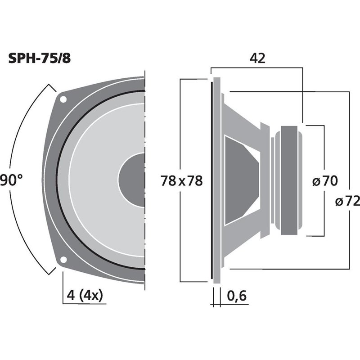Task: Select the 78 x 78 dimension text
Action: pyautogui.click(x=182, y=181)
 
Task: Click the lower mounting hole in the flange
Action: pyautogui.click(x=63, y=260)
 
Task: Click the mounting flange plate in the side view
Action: pyautogui.click(x=216, y=180)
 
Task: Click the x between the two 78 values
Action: pyautogui.click(x=182, y=181)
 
